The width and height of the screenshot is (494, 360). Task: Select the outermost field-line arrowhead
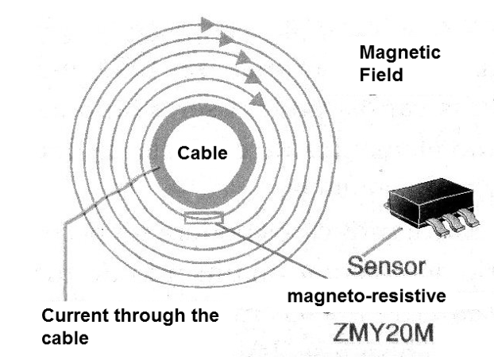coord(210,24)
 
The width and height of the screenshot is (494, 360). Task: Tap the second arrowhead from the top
coord(226,39)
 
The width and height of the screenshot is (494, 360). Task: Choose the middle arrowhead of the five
coord(241,58)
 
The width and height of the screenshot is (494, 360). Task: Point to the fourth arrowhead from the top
coord(251,77)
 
